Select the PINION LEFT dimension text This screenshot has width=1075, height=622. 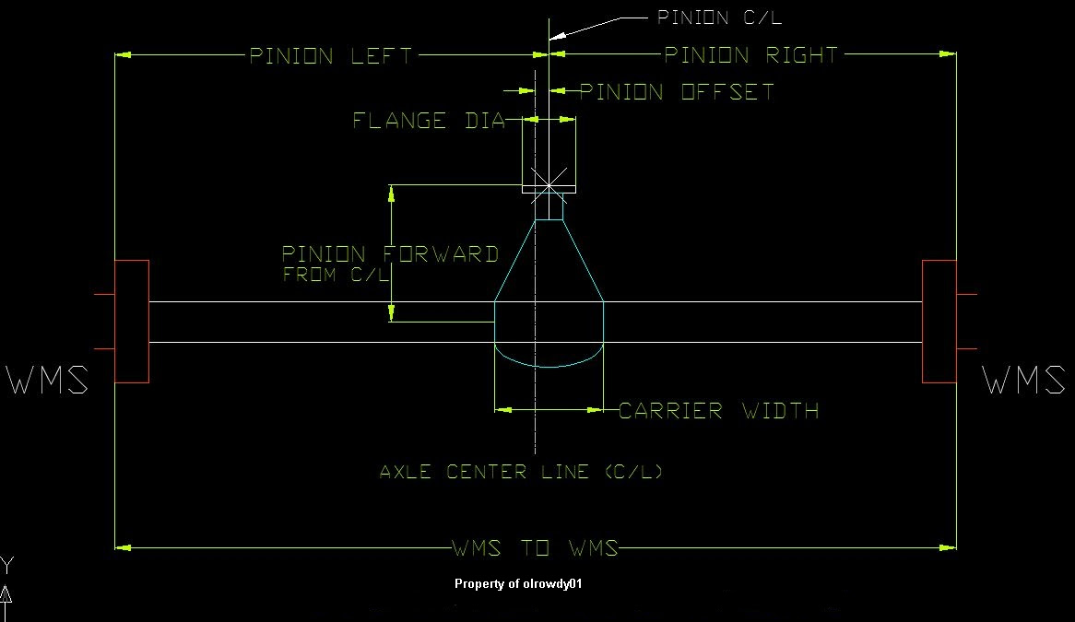[333, 56]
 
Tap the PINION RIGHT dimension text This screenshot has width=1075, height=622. [751, 55]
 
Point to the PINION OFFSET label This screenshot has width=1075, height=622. [677, 92]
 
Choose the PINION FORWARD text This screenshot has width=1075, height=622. [390, 254]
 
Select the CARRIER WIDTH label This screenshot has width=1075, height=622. [718, 411]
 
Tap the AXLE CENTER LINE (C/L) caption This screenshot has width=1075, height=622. [522, 473]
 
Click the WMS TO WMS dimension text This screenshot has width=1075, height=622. [535, 549]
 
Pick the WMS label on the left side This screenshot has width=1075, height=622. [48, 381]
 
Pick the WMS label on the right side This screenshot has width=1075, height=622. [1023, 381]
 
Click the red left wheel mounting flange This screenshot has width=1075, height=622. [131, 322]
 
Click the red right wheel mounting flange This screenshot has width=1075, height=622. [939, 322]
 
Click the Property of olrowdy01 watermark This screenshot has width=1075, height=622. [518, 584]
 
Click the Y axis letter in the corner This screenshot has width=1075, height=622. [6, 564]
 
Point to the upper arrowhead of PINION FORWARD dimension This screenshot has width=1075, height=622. [392, 193]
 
